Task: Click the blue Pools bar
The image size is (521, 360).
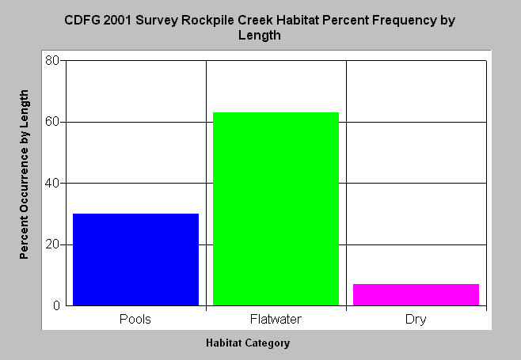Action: tap(135, 260)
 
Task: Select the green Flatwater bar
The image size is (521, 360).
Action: tap(276, 209)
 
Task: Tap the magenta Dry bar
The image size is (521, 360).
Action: tap(416, 294)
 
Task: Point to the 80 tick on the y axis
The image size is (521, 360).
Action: tap(51, 60)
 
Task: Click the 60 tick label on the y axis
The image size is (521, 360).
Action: tap(51, 122)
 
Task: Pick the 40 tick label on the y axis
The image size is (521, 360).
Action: tap(51, 183)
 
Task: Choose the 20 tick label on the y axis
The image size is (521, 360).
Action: tap(51, 244)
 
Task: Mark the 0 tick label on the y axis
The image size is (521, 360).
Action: tap(56, 305)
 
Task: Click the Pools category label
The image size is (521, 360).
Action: tap(135, 319)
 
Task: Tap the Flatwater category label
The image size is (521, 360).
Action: tap(276, 319)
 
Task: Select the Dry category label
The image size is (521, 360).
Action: tap(416, 320)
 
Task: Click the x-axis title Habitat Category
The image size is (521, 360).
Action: tap(248, 343)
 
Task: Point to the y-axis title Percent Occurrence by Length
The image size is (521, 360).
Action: tap(24, 174)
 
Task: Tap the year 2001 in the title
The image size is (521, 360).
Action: tap(117, 21)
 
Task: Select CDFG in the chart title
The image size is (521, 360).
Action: tap(82, 21)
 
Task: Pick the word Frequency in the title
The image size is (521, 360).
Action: tap(404, 21)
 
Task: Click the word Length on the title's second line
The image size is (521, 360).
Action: tap(260, 35)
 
